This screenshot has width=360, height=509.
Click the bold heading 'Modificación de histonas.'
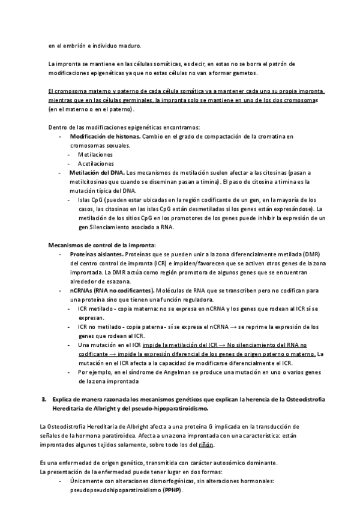click(x=105, y=137)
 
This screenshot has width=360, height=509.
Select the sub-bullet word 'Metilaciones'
click(x=95, y=154)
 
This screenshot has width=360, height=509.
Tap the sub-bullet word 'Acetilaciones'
click(x=95, y=163)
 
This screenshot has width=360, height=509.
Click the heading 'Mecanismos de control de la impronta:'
click(x=101, y=245)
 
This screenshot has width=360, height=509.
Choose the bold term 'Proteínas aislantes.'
click(x=98, y=254)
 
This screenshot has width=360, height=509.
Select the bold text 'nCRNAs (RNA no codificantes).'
click(x=113, y=290)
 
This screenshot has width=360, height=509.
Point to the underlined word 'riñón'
click(x=205, y=445)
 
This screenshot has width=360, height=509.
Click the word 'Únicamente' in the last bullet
click(x=88, y=481)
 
